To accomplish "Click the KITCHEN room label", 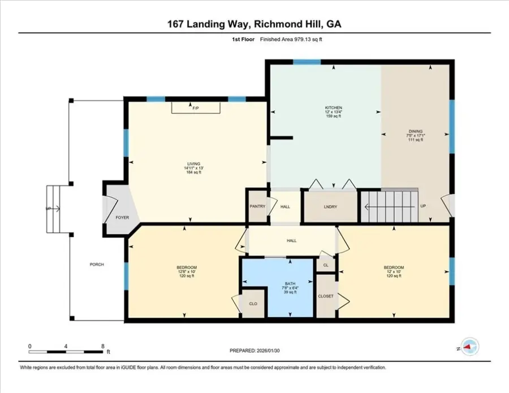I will pyautogui.click(x=333, y=108).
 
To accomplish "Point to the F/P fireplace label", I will pyautogui.click(x=195, y=108).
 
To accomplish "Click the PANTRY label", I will pyautogui.click(x=257, y=206).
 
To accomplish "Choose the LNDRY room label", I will pyautogui.click(x=330, y=206).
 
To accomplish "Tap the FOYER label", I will pyautogui.click(x=123, y=217).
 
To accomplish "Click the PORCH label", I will pyautogui.click(x=97, y=264).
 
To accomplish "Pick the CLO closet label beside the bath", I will pyautogui.click(x=253, y=304).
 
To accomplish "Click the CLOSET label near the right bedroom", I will pyautogui.click(x=326, y=296).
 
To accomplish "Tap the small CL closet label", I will pyautogui.click(x=326, y=265).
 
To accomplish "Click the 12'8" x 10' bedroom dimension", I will pyautogui.click(x=187, y=273).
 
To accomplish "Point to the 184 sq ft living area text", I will pyautogui.click(x=193, y=172).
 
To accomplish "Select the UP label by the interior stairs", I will pyautogui.click(x=423, y=206).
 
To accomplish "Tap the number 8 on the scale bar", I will pyautogui.click(x=102, y=346).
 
